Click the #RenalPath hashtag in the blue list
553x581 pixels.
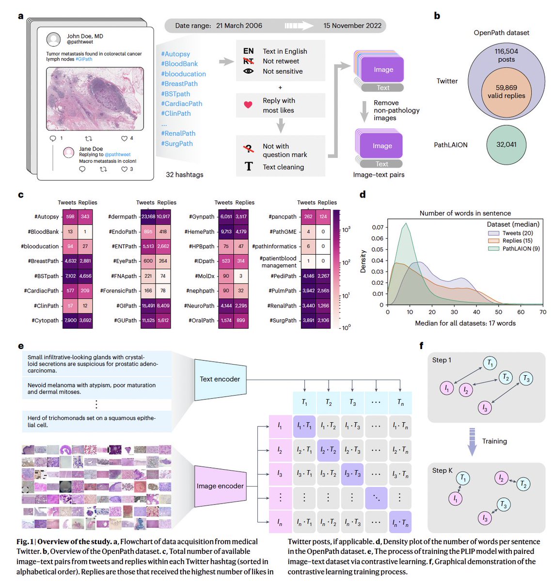click(x=178, y=133)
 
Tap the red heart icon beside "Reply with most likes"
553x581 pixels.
click(x=248, y=105)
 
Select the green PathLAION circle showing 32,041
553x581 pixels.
click(x=506, y=144)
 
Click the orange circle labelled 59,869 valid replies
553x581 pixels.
click(x=506, y=91)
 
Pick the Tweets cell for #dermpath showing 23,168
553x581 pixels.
click(x=148, y=217)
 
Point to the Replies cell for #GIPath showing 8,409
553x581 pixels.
click(x=163, y=306)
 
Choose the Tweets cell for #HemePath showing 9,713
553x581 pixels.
click(x=226, y=232)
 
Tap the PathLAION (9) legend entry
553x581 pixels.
click(x=521, y=248)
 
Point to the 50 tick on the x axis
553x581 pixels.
click(x=499, y=312)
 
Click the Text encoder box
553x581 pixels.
click(x=220, y=379)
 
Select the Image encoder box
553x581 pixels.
click(x=220, y=486)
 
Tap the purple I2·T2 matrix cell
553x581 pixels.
click(x=328, y=450)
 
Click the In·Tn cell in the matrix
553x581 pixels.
click(x=399, y=522)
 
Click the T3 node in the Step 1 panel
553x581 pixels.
click(x=526, y=379)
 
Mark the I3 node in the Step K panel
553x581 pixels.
click(x=485, y=518)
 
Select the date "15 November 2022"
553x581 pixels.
click(x=352, y=26)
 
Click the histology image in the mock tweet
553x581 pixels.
click(x=95, y=99)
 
